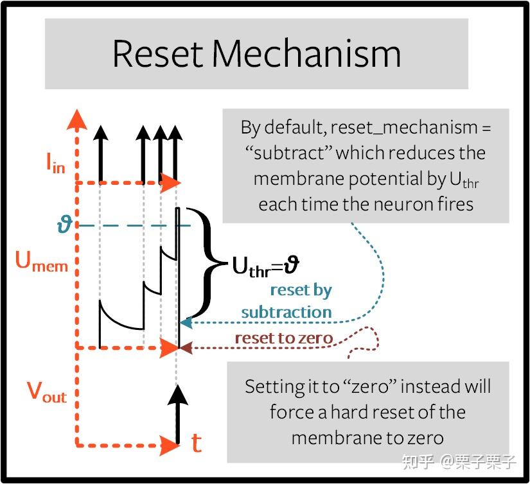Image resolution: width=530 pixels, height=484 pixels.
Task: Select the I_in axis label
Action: coord(55,164)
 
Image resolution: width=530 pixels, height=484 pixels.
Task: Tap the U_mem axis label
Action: coord(42,262)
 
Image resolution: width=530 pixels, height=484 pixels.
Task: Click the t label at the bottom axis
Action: coord(197,443)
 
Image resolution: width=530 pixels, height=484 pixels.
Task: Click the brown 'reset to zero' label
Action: coord(283,338)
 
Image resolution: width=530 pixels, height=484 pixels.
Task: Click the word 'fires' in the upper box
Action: coord(452,204)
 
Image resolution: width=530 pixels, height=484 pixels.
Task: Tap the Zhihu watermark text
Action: coord(459,462)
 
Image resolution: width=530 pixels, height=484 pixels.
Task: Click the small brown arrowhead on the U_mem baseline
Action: coord(186,349)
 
